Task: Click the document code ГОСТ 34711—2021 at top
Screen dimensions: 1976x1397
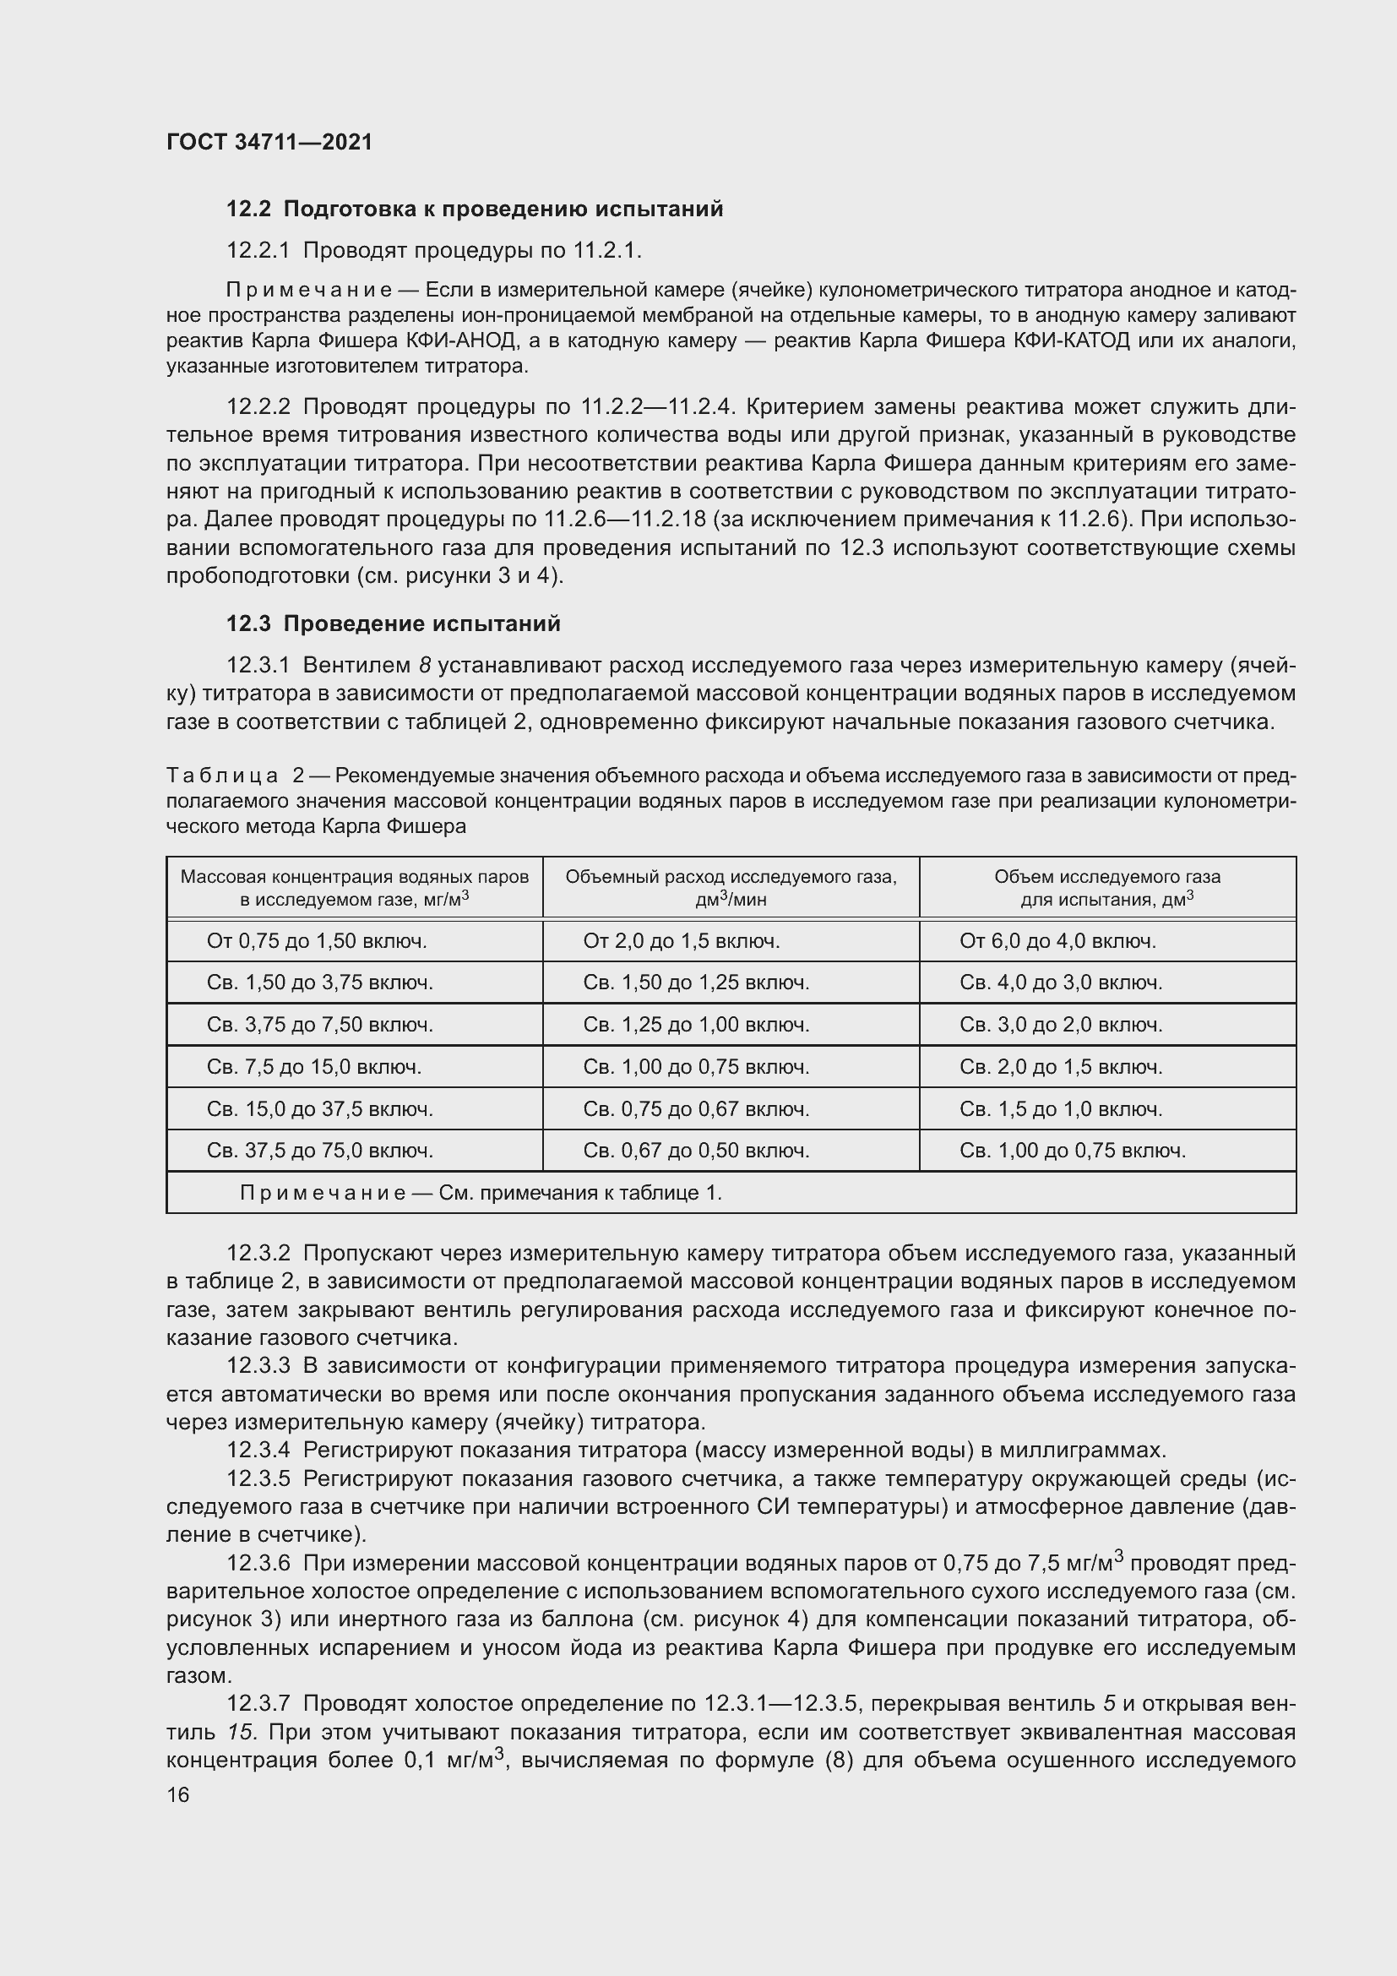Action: [x=269, y=142]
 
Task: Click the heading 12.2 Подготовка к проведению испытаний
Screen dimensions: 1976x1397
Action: [x=474, y=210]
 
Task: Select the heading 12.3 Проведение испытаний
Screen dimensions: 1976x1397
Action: [x=393, y=623]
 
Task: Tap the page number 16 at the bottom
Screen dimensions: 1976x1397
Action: [x=178, y=1794]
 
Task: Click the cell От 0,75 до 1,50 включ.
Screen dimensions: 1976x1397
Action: [x=317, y=940]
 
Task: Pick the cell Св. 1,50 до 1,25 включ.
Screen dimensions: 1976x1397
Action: [x=696, y=982]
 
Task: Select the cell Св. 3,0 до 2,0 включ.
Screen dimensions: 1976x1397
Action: [x=1061, y=1024]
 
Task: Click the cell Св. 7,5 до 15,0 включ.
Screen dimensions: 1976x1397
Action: [x=314, y=1066]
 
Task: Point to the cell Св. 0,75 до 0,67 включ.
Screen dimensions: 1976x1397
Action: [x=696, y=1108]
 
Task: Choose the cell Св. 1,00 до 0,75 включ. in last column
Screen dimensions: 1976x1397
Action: [x=1073, y=1150]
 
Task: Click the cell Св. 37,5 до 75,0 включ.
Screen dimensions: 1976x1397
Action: [x=320, y=1150]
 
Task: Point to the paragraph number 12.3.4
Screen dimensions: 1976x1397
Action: [x=259, y=1451]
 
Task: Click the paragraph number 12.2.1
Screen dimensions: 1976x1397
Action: [x=259, y=250]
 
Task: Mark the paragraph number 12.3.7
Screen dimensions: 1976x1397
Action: [x=259, y=1703]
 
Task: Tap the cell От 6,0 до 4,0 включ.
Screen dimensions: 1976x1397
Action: [x=1057, y=940]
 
